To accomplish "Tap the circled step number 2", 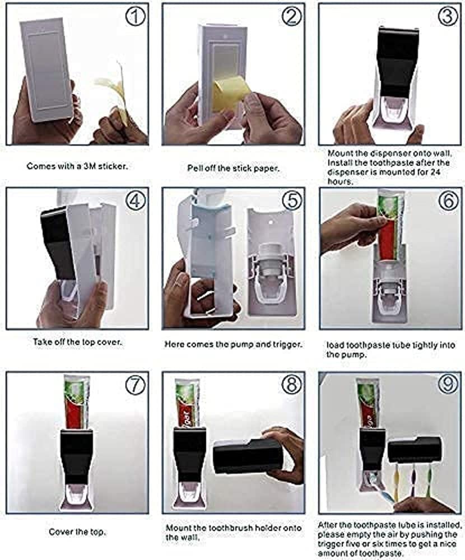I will click(x=291, y=17).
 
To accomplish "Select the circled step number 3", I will click(x=447, y=17).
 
